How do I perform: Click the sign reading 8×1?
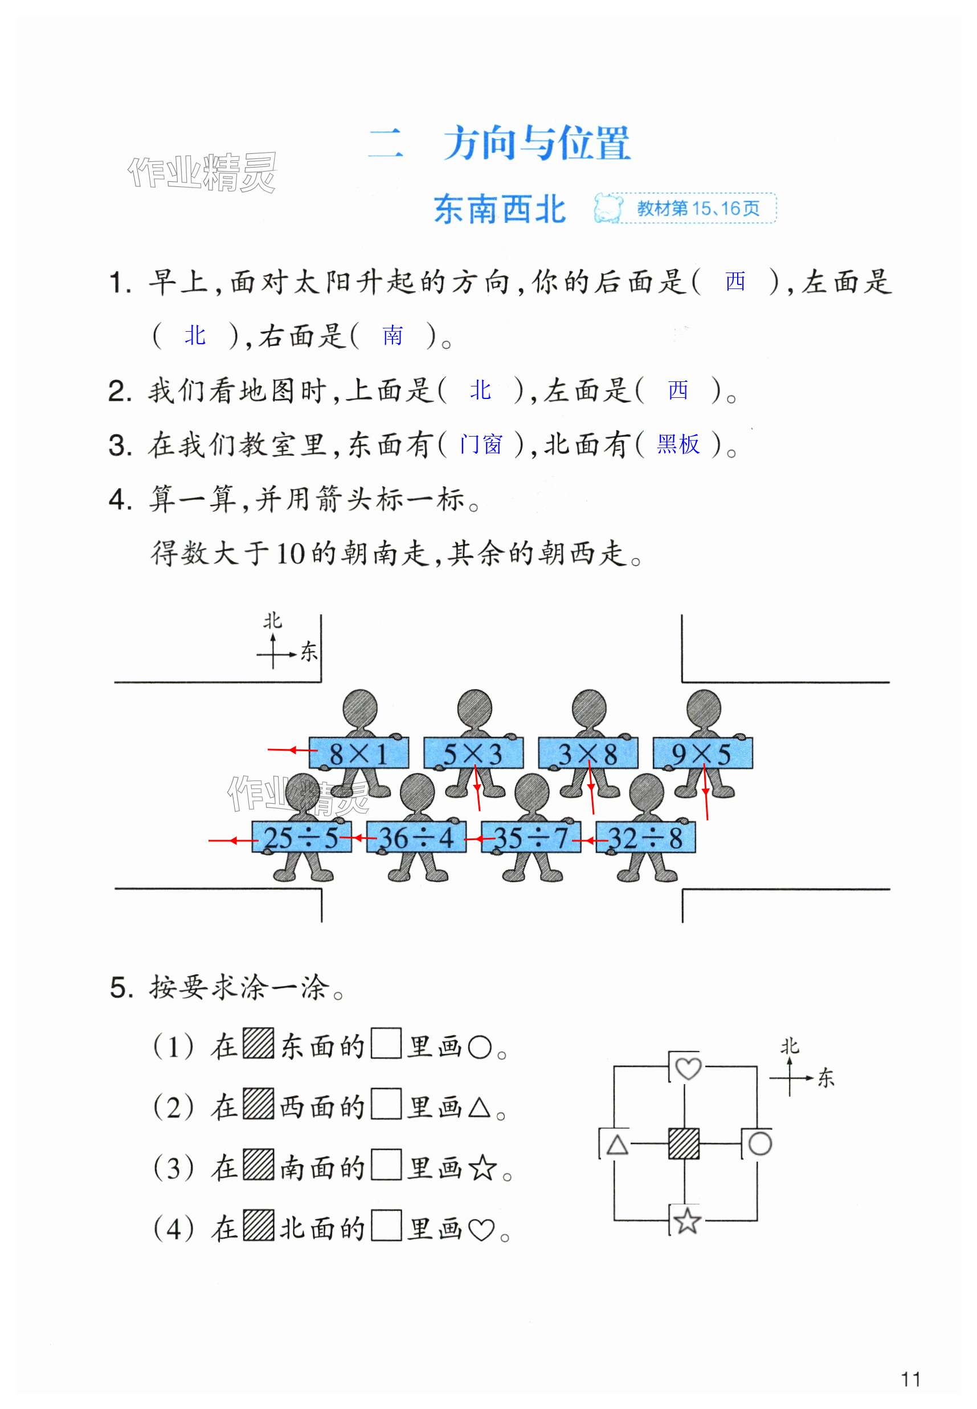click(359, 753)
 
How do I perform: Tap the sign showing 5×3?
click(473, 753)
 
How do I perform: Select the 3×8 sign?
click(588, 753)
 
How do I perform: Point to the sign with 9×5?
click(702, 753)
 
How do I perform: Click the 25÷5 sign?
click(302, 837)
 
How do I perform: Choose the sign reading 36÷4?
click(416, 837)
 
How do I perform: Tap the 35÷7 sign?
click(531, 837)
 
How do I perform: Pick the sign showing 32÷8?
click(645, 837)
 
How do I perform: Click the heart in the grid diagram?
click(687, 1069)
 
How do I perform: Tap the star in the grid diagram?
click(686, 1220)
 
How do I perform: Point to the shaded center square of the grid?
click(684, 1143)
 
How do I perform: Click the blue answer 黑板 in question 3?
click(678, 444)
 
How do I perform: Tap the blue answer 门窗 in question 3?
click(481, 444)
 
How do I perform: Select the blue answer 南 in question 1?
click(393, 336)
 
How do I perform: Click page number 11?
click(910, 1379)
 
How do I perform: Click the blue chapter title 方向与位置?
click(536, 143)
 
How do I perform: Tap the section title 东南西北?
click(500, 209)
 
